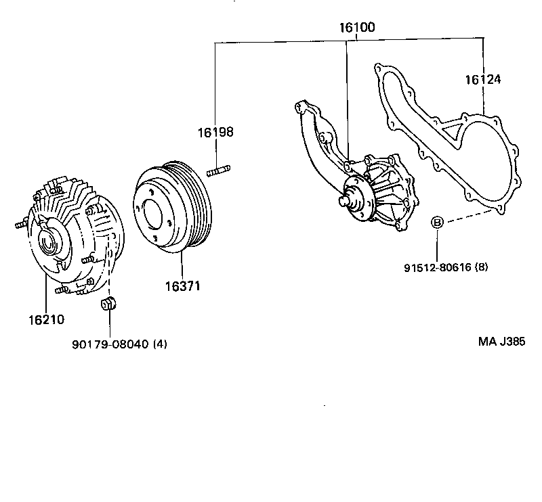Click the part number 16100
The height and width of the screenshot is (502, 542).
pyautogui.click(x=357, y=28)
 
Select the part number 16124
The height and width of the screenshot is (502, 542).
pyautogui.click(x=482, y=80)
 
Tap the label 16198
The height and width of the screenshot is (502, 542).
pyautogui.click(x=215, y=132)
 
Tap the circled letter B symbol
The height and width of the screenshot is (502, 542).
pyautogui.click(x=438, y=222)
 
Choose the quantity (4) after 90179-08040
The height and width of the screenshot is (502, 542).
pyautogui.click(x=160, y=344)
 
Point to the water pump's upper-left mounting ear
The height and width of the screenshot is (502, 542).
pyautogui.click(x=299, y=107)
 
